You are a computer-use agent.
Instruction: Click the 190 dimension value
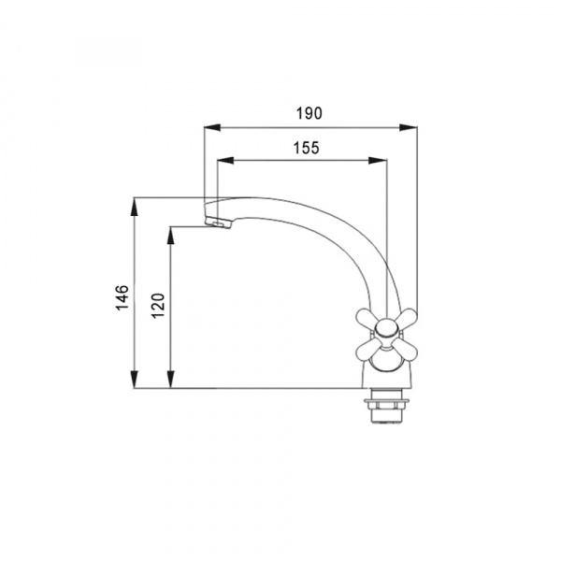pyautogui.click(x=309, y=113)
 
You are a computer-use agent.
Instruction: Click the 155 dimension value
pyautogui.click(x=307, y=148)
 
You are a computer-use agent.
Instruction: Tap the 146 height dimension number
pyautogui.click(x=122, y=297)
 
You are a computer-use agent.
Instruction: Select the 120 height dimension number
pyautogui.click(x=158, y=306)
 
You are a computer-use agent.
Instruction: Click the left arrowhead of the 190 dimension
pyautogui.click(x=212, y=127)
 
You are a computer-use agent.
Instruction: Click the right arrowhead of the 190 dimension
pyautogui.click(x=409, y=127)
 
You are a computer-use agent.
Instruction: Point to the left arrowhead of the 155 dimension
pyautogui.click(x=225, y=161)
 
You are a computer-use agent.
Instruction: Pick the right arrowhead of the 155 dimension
pyautogui.click(x=378, y=161)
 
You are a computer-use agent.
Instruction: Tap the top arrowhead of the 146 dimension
pyautogui.click(x=134, y=207)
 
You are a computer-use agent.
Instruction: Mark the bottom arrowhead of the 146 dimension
pyautogui.click(x=134, y=380)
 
